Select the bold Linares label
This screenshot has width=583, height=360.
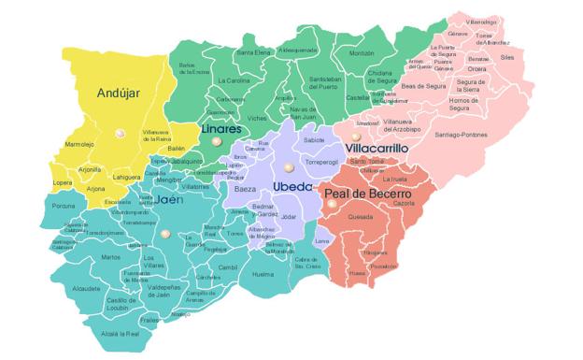point(221,128)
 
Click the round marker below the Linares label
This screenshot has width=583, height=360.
point(216,141)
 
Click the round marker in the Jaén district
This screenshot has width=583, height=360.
point(165,234)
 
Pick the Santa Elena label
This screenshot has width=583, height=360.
point(253,53)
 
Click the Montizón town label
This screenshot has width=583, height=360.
point(361,53)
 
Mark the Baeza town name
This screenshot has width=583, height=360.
point(245,189)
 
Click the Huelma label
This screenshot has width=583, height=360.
point(263,274)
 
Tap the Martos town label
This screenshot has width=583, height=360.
point(110,257)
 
